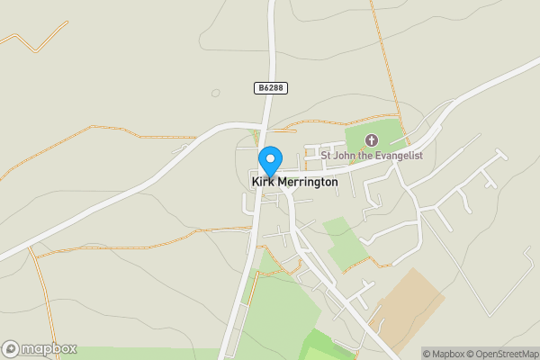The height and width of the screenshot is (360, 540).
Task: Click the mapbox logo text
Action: [49, 348]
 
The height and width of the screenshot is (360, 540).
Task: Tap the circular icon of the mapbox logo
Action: [12, 348]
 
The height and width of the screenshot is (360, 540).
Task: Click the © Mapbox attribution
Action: [444, 354]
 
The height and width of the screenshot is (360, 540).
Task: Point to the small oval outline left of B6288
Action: [215, 93]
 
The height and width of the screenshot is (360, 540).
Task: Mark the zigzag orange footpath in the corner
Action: [36, 40]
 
